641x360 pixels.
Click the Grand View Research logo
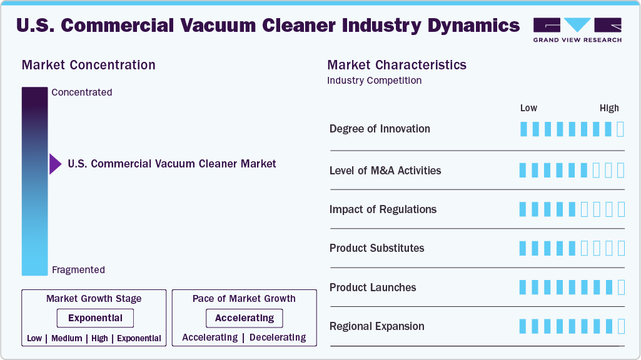click(x=577, y=30)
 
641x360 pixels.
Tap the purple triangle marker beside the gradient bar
click(x=55, y=164)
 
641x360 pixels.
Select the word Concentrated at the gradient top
click(x=82, y=92)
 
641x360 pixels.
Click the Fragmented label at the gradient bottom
click(x=79, y=270)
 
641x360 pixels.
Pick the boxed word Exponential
click(x=95, y=318)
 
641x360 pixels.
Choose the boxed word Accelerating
click(x=245, y=318)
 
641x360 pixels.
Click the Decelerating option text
click(x=278, y=337)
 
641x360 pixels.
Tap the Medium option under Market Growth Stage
click(x=67, y=338)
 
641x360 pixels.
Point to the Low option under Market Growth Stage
click(x=34, y=338)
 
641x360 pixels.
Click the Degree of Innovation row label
click(x=380, y=129)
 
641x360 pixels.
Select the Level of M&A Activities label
click(x=385, y=171)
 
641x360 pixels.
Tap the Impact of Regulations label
click(x=383, y=209)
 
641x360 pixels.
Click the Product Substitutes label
click(x=377, y=248)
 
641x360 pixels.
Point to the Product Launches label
click(x=373, y=287)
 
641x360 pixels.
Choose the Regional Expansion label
click(x=377, y=326)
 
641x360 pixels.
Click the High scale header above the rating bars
click(x=609, y=108)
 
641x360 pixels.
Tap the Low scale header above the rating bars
click(x=528, y=108)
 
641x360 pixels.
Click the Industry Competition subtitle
click(x=374, y=81)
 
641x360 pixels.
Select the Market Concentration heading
click(x=88, y=65)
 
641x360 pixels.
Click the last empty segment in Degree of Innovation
click(x=620, y=129)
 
